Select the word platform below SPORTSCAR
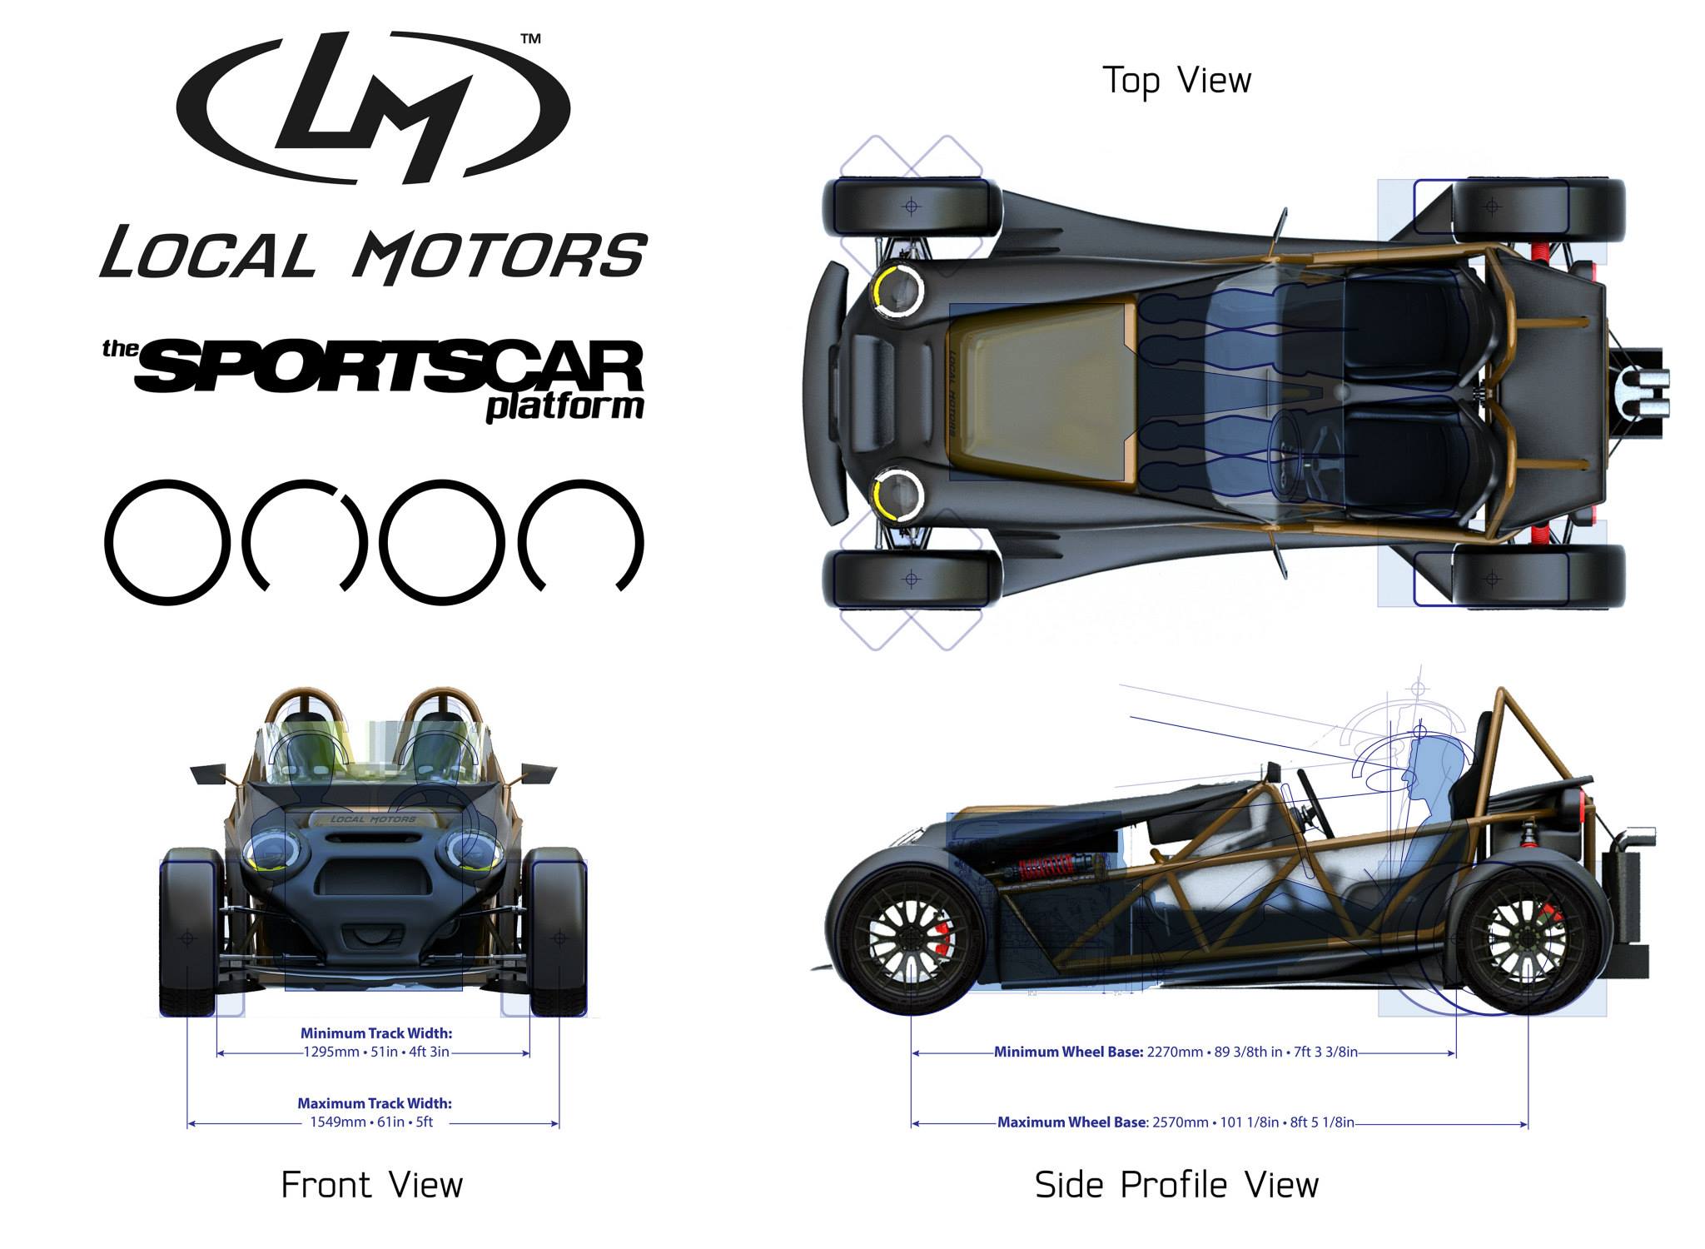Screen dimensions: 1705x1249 565,408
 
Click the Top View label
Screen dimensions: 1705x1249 1176,81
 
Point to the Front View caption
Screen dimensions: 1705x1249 372,1184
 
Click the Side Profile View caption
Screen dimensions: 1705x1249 1176,1184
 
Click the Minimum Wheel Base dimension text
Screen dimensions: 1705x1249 1176,1052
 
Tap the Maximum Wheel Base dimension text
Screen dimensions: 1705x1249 1176,1122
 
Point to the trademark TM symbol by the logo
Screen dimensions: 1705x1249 530,38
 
